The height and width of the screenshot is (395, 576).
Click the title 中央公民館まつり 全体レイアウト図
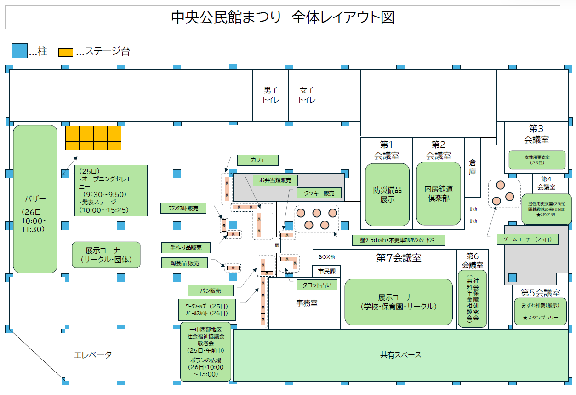point(282,17)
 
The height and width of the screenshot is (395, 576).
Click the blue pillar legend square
point(19,51)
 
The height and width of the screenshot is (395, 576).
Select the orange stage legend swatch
point(65,52)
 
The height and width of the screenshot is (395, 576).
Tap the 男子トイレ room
point(271,95)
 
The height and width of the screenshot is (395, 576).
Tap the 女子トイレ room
point(307,95)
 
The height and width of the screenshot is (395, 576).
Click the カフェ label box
point(258,160)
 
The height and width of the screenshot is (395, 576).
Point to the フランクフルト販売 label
point(183,208)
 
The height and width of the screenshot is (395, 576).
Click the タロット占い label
point(317,285)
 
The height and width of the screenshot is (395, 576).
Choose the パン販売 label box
point(211,290)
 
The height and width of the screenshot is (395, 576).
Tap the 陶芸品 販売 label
point(184,263)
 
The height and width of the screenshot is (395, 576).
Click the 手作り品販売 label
point(186,247)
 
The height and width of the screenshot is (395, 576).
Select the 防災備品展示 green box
point(387,194)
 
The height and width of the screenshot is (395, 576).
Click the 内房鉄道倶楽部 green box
point(439,193)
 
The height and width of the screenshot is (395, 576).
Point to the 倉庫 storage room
point(473,168)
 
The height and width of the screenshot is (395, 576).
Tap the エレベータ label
point(93,355)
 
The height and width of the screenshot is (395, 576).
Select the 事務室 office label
point(307,303)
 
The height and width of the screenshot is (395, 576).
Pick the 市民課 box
point(327,271)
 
